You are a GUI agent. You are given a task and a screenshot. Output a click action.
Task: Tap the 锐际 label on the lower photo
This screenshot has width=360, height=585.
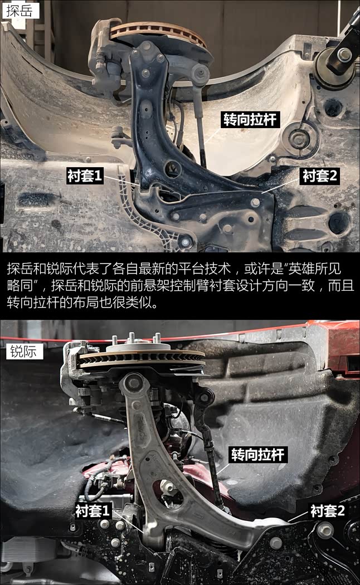pyautogui.click(x=24, y=351)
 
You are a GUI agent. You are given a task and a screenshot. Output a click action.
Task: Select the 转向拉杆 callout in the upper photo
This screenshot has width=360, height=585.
pyautogui.click(x=250, y=120)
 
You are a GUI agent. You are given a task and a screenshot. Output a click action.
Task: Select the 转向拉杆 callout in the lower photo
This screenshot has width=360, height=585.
pyautogui.click(x=258, y=455)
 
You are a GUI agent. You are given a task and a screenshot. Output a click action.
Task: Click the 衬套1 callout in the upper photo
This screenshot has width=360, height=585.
pyautogui.click(x=85, y=175)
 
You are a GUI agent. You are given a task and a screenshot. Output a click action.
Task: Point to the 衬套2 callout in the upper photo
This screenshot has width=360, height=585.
pyautogui.click(x=320, y=175)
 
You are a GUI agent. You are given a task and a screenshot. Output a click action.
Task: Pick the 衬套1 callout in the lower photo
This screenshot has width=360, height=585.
pyautogui.click(x=93, y=510)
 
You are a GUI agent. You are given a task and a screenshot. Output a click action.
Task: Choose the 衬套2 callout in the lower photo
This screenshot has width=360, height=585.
pyautogui.click(x=328, y=510)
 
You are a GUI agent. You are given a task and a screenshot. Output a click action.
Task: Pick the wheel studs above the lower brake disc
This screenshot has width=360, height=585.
pyautogui.click(x=136, y=338)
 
